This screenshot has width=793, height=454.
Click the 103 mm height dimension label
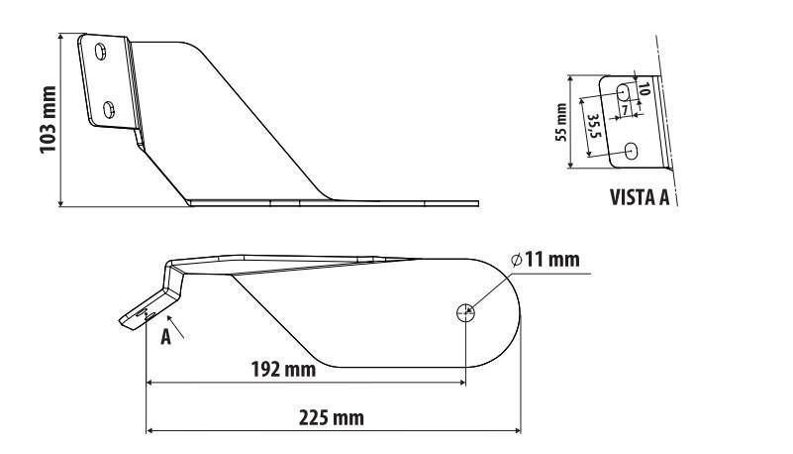point(48,119)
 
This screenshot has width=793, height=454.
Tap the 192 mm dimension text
point(283,370)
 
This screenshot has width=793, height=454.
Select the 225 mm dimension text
point(332,418)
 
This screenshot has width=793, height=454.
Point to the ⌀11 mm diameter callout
point(545,260)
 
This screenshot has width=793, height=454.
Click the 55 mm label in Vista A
point(561,122)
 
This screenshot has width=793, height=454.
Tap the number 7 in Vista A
point(625,109)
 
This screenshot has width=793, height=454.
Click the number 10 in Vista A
point(643,89)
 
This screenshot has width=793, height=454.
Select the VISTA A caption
point(640,197)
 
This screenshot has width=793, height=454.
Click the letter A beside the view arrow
point(165,337)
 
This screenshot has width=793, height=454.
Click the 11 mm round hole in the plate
point(465,313)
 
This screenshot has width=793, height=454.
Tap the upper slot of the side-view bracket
point(101,52)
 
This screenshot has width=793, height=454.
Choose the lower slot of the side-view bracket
point(109,109)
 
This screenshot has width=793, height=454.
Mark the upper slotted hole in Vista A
point(624,92)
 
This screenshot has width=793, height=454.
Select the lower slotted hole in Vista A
point(632,151)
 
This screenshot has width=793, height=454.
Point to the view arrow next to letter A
point(175,326)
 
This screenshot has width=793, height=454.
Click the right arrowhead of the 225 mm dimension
point(518,431)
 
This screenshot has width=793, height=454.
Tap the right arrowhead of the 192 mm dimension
point(462,383)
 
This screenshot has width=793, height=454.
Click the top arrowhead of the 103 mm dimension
point(60,38)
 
